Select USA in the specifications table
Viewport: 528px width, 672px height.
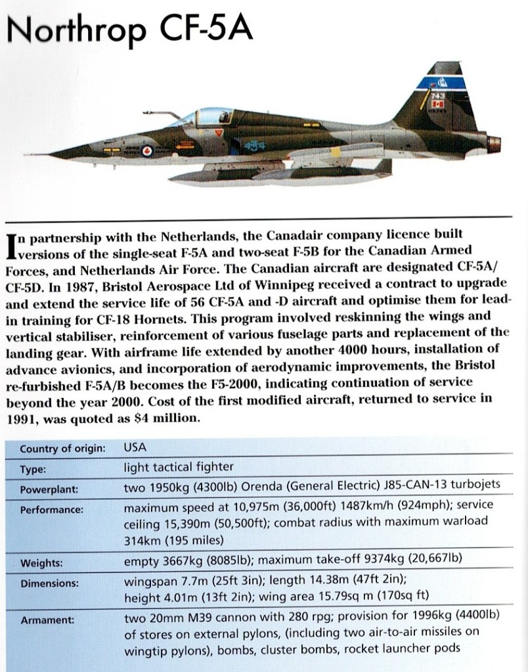[135, 448]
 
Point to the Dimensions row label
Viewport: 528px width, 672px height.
[49, 583]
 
